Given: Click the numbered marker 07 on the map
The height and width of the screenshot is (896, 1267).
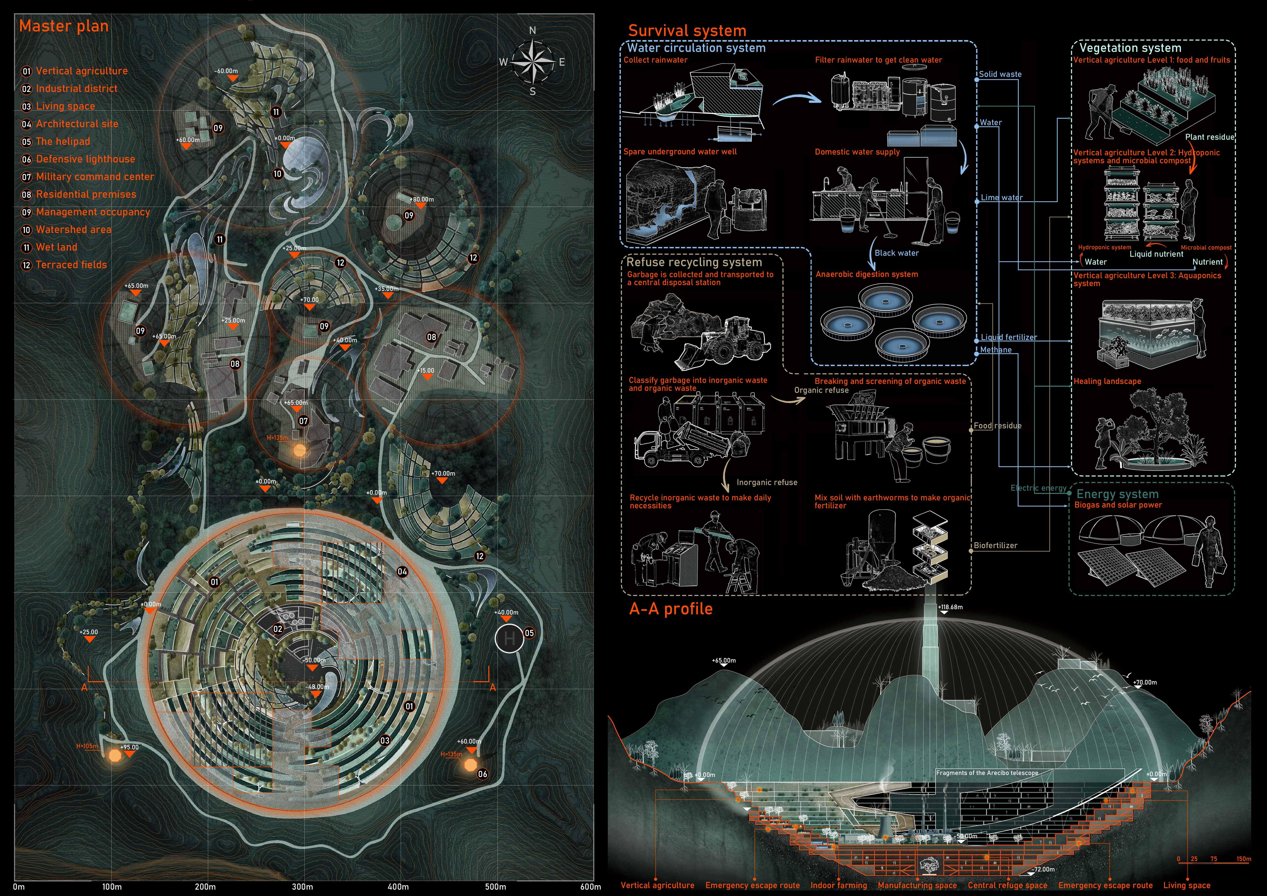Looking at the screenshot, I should [x=303, y=421].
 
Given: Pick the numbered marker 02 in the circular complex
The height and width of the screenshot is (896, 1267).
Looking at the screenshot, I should [x=278, y=629].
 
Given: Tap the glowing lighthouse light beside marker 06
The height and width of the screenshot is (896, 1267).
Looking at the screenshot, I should [x=470, y=765].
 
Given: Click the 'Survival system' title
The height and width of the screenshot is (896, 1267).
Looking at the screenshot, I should [x=687, y=30].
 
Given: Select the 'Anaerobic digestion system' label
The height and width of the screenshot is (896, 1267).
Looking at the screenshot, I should [x=866, y=274].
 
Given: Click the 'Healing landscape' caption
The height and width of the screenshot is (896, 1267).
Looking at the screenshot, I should [x=1107, y=381].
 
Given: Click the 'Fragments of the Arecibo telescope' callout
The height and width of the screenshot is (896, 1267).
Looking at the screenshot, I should [x=987, y=773].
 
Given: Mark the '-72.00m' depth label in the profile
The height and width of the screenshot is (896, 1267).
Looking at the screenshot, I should [x=1044, y=869].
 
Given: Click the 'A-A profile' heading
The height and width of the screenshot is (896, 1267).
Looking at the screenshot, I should [x=670, y=609].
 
